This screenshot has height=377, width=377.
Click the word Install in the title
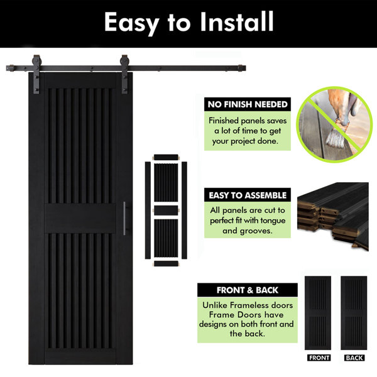click(237, 22)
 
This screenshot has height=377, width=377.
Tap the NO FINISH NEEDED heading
click(248, 104)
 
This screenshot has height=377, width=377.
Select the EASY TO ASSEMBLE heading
click(248, 195)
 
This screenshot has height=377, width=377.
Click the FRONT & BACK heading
click(248, 290)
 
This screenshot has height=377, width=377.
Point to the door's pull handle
click(124, 218)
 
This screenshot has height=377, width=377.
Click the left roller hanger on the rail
click(36, 74)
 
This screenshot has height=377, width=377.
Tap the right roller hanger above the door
click(124, 74)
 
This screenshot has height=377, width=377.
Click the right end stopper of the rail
click(241, 68)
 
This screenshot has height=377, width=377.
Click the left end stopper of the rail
click(10, 68)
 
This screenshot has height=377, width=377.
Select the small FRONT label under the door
click(319, 358)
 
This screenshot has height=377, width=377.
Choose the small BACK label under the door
click(354, 358)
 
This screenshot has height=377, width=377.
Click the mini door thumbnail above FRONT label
click(318, 313)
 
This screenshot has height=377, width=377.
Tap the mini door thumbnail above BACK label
click(354, 313)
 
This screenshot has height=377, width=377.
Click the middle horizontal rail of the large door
click(80, 218)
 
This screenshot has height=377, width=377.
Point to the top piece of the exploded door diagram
click(166, 157)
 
